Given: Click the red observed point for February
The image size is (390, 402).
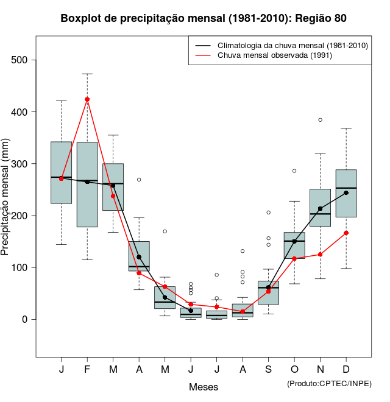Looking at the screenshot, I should [87, 99].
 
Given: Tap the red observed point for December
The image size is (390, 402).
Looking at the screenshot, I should [346, 233].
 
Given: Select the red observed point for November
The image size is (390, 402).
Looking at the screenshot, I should [320, 254].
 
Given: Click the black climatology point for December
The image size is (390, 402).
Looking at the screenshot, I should [346, 192].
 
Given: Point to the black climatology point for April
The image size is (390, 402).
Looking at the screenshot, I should [139, 257].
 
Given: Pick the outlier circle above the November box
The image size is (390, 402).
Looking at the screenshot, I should [320, 120].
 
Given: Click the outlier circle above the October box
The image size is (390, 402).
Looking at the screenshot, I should [294, 171].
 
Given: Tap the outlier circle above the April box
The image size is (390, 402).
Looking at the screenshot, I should [139, 180].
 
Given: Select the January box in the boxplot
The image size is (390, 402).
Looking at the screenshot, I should [62, 172].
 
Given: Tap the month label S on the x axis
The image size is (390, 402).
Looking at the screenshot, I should [268, 370].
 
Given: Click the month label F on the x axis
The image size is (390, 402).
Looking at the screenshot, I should [87, 370].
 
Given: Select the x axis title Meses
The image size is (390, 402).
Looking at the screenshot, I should [204, 387].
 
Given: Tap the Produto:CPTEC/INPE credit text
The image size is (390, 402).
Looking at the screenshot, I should [329, 383].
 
